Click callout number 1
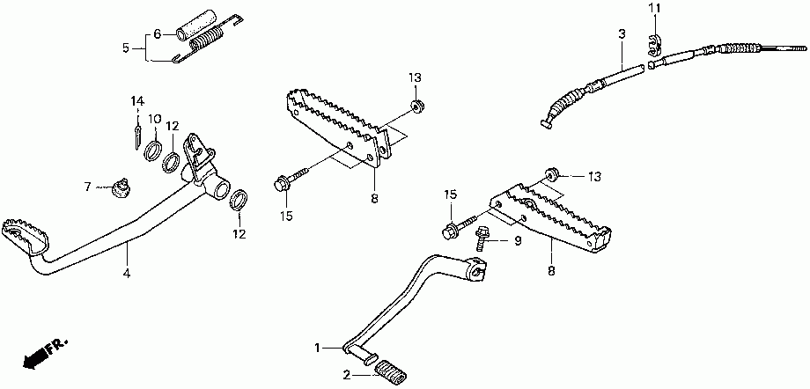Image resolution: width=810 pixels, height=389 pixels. click(319, 349)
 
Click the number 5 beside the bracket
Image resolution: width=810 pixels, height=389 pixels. click(125, 47)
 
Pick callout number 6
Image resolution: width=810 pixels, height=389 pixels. click(158, 34)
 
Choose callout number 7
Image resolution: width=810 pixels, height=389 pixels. click(88, 187)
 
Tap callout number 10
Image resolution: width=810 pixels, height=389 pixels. click(154, 119)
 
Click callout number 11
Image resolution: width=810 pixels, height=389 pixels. click(653, 9)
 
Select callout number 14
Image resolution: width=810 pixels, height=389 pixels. click(137, 100)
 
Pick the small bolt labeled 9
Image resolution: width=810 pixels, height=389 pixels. click(483, 236)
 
